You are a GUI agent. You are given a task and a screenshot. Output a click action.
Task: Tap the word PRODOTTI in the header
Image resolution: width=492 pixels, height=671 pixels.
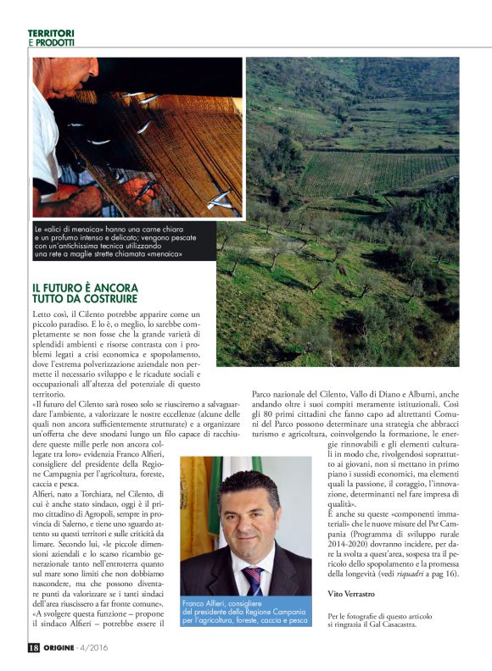coord(56,42)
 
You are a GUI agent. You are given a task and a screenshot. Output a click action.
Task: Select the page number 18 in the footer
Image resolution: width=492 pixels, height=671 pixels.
coord(33,647)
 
